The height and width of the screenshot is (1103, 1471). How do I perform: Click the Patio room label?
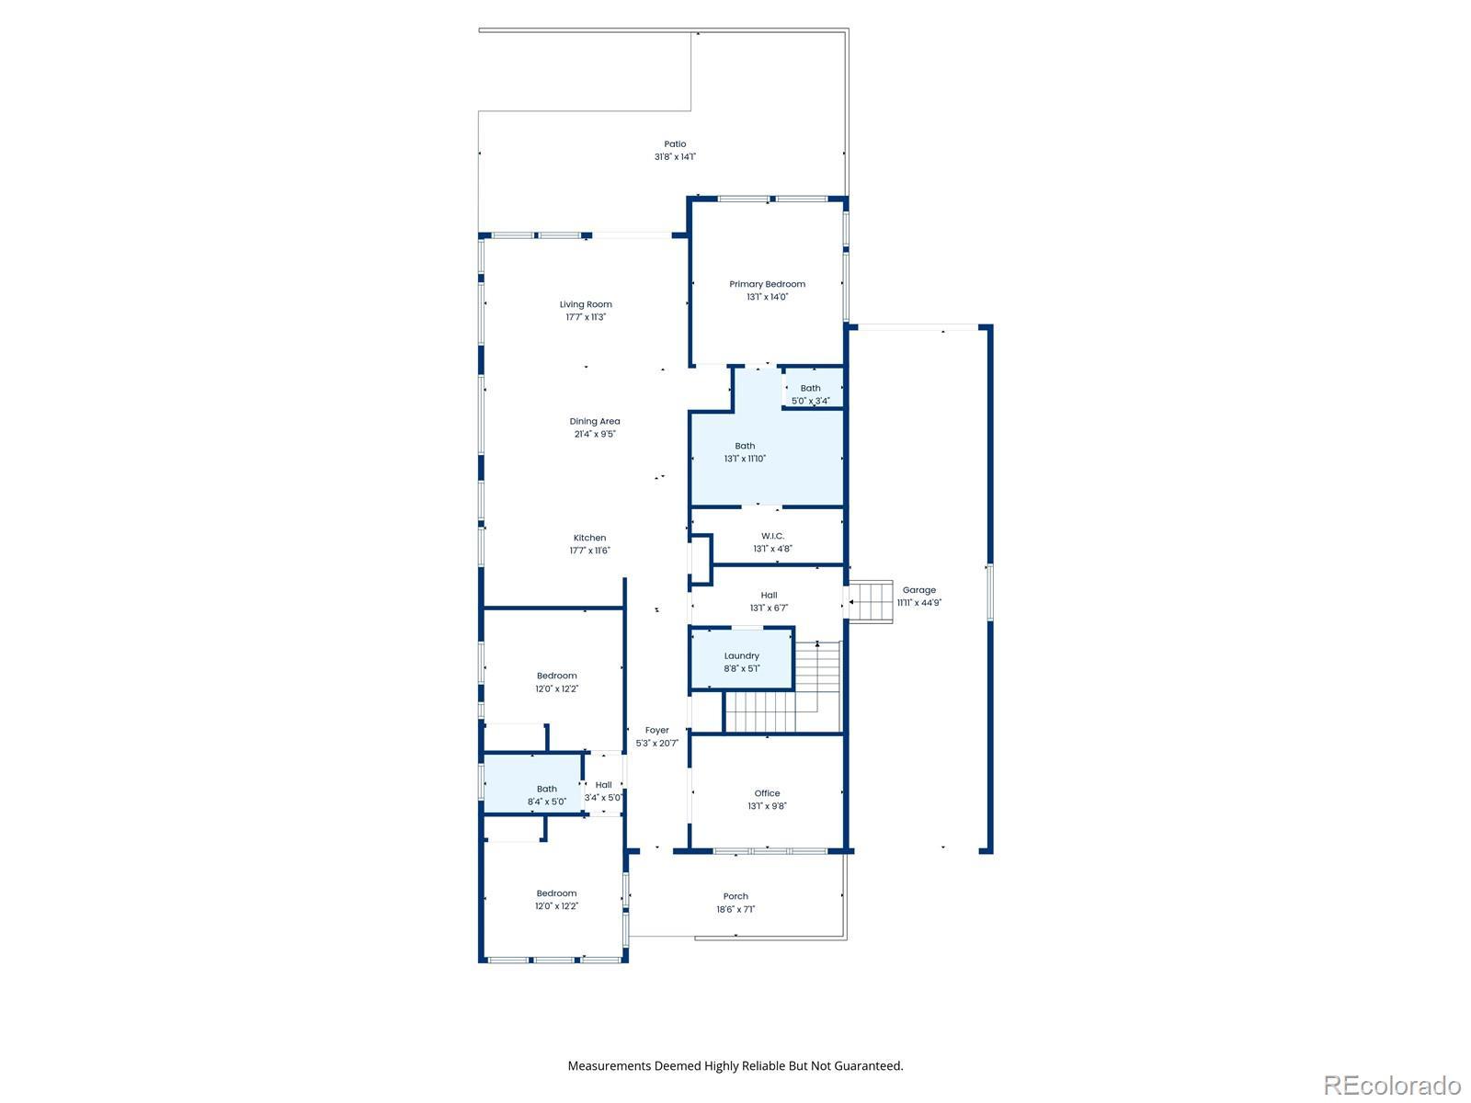[675, 144]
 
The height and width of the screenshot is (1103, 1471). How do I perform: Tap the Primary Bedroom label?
[768, 284]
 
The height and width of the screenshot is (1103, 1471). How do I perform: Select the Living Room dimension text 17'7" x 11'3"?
[586, 317]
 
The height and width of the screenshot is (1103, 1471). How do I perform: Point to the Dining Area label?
[595, 421]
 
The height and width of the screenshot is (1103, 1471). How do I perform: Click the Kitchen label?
[589, 538]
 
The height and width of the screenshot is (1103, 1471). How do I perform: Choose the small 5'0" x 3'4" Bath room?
[812, 388]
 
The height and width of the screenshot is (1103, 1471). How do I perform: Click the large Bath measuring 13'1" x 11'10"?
[767, 458]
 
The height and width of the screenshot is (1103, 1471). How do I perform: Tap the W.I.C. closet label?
[772, 536]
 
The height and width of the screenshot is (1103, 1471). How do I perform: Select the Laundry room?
[742, 658]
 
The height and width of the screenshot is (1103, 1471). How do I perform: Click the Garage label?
[918, 590]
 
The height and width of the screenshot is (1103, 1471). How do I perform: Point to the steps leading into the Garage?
[871, 601]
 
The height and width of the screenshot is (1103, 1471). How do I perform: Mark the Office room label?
[768, 793]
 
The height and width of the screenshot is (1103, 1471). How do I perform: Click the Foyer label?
[656, 730]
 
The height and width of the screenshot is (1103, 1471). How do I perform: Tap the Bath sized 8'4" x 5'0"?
[532, 784]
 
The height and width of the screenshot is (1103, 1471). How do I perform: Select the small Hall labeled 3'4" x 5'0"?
[604, 784]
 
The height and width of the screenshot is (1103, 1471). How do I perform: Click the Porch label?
[735, 896]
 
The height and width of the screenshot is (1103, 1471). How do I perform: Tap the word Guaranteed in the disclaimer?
[870, 1065]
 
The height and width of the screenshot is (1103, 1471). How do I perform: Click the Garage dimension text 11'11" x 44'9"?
[918, 603]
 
